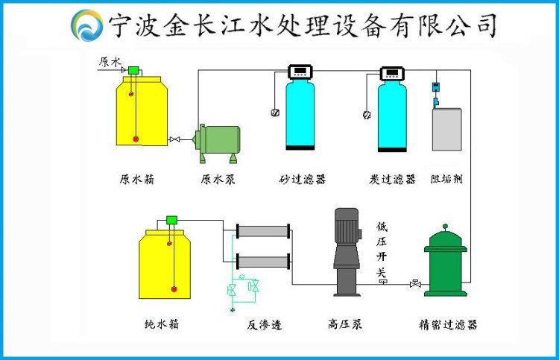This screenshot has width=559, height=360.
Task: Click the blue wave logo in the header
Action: coord(86,25)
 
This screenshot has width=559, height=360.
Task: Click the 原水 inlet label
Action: coord(109,62)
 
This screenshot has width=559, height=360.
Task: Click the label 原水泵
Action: coord(218,180)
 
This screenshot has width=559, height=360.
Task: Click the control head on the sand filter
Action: coord(302,72)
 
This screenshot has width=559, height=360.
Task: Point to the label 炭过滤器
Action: coord(392,180)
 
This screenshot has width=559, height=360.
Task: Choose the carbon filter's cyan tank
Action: coord(392,116)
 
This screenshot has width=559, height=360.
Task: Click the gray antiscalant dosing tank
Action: coord(446,129)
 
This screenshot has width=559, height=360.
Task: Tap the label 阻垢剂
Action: coord(447,180)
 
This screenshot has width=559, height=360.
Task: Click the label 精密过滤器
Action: coord(448,325)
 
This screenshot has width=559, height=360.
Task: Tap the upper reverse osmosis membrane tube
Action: coord(262,230)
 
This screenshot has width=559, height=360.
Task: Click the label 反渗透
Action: coord(265,325)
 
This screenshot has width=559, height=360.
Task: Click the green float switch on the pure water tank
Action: coord(172,219)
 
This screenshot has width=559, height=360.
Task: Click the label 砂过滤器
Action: coord(303,180)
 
